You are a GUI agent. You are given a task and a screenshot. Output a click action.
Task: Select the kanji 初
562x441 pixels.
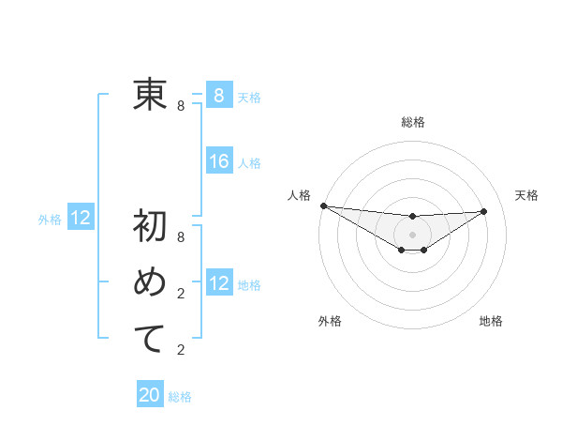[150, 227]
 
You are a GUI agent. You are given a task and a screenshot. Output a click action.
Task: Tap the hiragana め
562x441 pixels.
[150, 283]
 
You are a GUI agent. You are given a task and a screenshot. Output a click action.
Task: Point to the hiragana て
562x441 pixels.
[150, 339]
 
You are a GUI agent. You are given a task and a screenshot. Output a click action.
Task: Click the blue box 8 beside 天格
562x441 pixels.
[218, 95]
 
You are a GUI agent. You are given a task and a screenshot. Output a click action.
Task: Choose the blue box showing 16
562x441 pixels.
[218, 161]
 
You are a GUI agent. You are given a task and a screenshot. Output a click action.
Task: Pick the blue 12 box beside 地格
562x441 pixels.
[218, 282]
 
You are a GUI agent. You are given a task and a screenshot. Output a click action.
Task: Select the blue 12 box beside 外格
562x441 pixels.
[81, 219]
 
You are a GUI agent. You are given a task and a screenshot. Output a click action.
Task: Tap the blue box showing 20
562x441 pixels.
[150, 395]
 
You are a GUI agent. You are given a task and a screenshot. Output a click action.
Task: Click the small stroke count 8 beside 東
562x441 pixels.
[181, 106]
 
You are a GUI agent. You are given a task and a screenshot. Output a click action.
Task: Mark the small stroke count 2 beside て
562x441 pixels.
[181, 350]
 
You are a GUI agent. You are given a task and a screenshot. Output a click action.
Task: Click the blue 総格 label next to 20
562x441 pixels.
[180, 397]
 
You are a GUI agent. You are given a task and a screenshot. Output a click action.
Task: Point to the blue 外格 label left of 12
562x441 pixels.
[50, 220]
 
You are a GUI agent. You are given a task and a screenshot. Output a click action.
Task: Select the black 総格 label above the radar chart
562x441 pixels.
[412, 122]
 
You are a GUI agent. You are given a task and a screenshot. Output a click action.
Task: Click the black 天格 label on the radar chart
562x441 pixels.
[526, 195]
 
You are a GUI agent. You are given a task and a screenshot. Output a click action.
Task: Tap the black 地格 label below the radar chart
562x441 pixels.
[491, 321]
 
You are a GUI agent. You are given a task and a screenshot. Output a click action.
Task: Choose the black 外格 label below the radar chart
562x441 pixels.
[330, 321]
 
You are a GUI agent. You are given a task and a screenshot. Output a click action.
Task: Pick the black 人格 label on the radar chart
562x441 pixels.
[299, 195]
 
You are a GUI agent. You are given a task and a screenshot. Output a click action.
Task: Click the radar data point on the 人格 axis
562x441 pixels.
[323, 205]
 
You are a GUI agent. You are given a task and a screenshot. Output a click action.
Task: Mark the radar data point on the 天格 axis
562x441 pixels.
[484, 211]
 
